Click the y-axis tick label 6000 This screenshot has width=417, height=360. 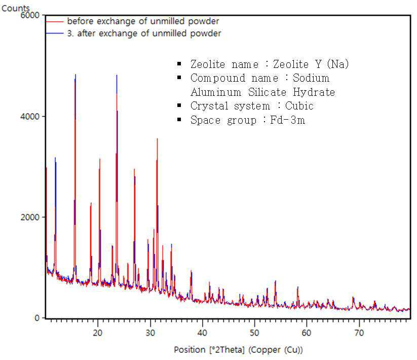point(30,15)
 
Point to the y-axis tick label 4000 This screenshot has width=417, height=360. point(30,117)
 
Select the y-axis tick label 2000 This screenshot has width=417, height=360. point(30,217)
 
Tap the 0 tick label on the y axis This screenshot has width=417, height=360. point(37,318)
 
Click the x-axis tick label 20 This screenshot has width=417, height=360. point(98,333)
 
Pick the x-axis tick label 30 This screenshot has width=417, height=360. point(150,333)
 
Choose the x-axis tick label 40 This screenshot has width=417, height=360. point(202,333)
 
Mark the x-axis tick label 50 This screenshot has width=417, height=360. point(254,333)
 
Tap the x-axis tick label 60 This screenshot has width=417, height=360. point(307,333)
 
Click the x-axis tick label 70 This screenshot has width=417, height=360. point(359,333)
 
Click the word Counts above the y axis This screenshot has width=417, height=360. point(15,8)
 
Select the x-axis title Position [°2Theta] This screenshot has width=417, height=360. point(209,350)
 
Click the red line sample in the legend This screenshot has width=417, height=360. point(55,21)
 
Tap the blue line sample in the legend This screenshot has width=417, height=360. point(55,33)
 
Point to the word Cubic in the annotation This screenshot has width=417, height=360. point(299,106)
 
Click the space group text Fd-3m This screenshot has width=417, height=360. point(287,120)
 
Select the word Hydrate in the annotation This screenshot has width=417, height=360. point(314,92)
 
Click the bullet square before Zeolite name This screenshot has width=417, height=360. point(179,64)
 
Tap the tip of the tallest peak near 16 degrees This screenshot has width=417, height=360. point(75,75)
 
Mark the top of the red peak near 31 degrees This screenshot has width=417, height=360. point(157,138)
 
